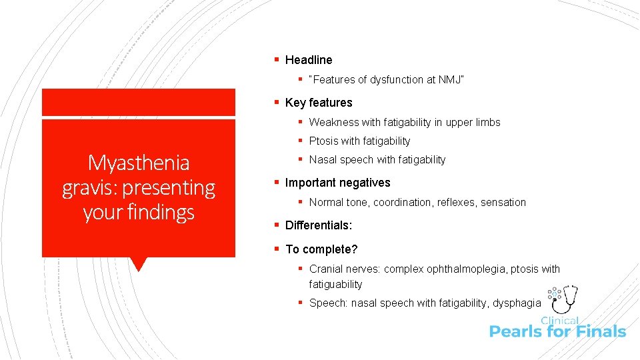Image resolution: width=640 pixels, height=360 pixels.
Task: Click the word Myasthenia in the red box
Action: point(139,163)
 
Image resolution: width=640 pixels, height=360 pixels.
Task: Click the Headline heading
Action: point(308,60)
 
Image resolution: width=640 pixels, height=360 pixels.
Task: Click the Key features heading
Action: point(319,103)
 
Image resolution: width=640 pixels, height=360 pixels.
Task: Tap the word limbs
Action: point(487,123)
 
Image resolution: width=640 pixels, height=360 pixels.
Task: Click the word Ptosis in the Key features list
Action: point(323,141)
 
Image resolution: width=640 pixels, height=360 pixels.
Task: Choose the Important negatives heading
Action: point(337,183)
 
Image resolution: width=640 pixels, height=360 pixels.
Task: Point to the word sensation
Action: point(503,203)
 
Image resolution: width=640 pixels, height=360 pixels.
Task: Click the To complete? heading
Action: point(321,249)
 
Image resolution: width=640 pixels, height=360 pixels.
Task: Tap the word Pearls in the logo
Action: point(515,331)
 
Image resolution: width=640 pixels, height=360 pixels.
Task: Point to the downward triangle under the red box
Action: point(139,263)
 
